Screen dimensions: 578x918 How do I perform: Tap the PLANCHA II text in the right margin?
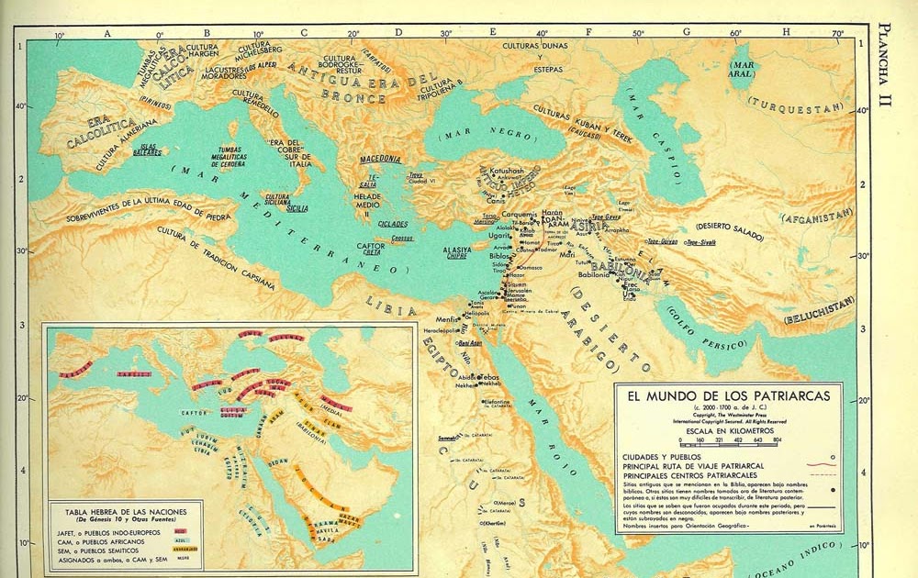885,64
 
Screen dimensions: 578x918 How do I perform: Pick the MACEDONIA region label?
380,159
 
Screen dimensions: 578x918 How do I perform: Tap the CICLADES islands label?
392,223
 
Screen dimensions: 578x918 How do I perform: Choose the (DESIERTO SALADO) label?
730,230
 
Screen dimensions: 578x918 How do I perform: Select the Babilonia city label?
590,274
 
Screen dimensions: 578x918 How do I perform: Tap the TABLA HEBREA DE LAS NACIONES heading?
122,510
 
